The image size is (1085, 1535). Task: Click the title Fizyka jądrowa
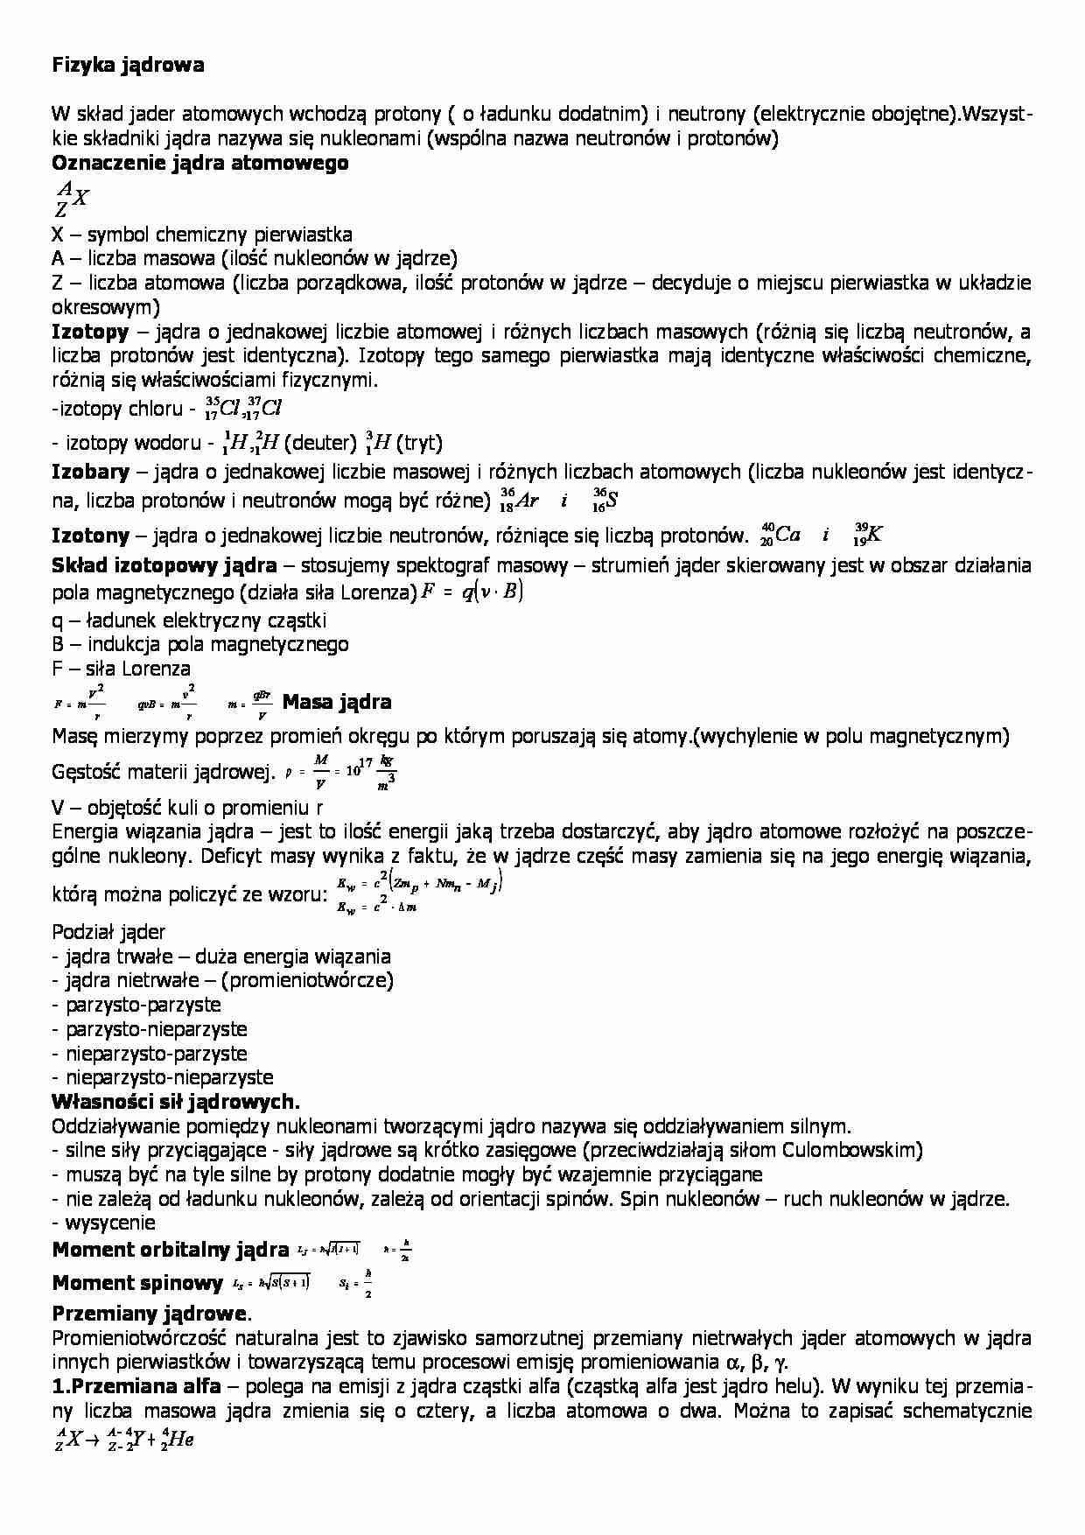128,65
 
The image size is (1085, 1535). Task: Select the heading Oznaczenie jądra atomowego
200,163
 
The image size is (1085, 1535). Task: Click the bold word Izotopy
90,332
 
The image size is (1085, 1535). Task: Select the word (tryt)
419,442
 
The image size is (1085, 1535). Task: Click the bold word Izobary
90,473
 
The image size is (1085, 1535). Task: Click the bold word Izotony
90,536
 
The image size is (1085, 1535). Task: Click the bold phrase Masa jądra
337,702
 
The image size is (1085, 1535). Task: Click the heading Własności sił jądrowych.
176,1102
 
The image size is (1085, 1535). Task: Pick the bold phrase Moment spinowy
137,1283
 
